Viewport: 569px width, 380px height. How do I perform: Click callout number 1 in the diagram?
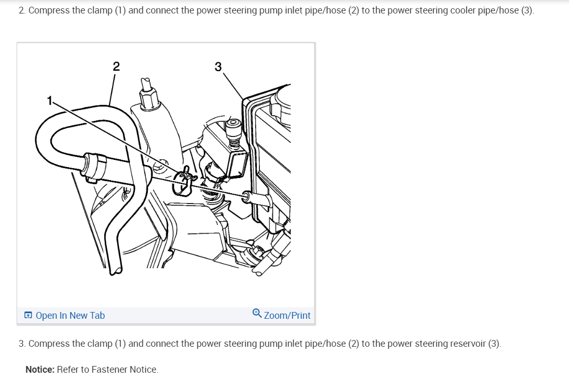50,100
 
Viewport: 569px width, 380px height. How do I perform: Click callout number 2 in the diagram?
116,66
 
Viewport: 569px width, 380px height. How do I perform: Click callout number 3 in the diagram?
218,67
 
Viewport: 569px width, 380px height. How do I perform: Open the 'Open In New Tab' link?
70,315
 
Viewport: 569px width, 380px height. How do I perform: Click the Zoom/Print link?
287,315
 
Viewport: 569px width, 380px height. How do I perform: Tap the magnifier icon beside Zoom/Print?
257,313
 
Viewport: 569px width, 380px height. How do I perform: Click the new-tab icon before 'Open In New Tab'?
28,315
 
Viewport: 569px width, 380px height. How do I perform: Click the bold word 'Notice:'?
40,370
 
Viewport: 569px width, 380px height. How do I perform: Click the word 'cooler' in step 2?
463,10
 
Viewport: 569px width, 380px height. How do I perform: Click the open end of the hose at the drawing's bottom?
116,271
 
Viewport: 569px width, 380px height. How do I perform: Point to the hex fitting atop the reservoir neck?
148,97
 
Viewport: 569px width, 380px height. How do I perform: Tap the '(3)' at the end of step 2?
528,10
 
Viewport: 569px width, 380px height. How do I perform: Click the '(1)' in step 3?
120,344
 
